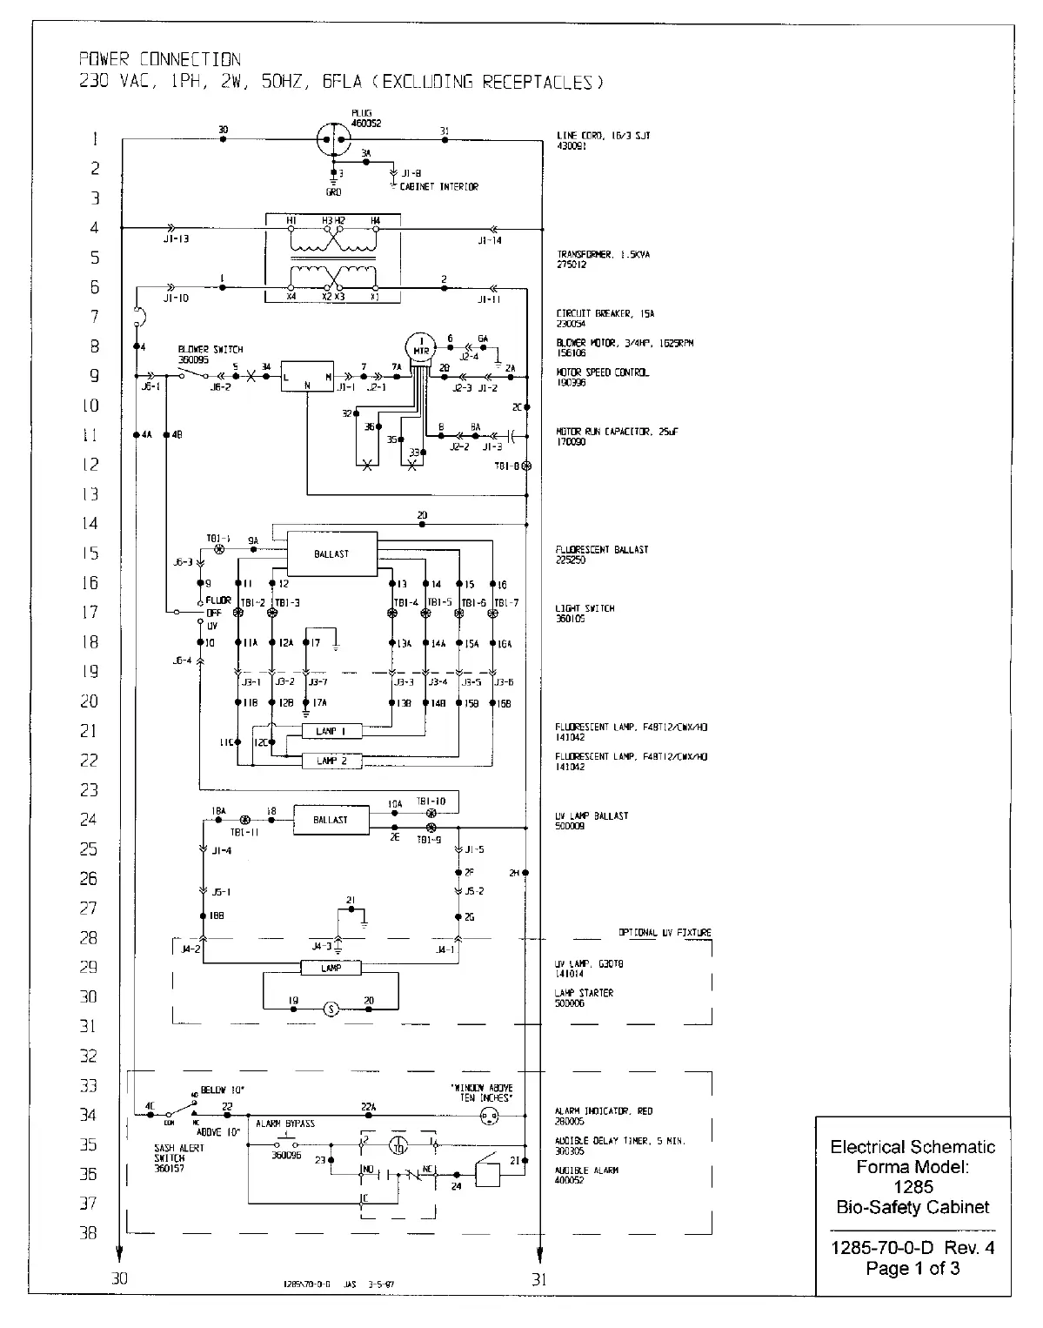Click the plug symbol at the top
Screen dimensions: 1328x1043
click(334, 138)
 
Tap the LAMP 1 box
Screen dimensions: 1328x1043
click(331, 732)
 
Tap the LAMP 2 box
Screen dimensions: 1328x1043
click(331, 761)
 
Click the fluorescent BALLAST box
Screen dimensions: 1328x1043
click(331, 553)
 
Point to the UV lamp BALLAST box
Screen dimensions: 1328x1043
click(331, 820)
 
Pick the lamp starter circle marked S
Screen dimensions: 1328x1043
click(331, 1009)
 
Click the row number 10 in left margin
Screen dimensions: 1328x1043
click(90, 406)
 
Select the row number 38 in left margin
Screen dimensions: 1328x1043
click(89, 1233)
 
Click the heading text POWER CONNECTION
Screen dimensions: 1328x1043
click(160, 60)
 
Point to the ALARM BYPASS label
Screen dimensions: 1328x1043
click(285, 1123)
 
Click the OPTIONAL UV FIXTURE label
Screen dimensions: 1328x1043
click(665, 932)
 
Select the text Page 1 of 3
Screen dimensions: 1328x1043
click(913, 1268)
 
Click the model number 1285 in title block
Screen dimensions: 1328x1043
click(913, 1186)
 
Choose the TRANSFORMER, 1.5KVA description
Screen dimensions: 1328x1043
click(604, 255)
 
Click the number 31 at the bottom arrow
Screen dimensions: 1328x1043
click(539, 1279)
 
